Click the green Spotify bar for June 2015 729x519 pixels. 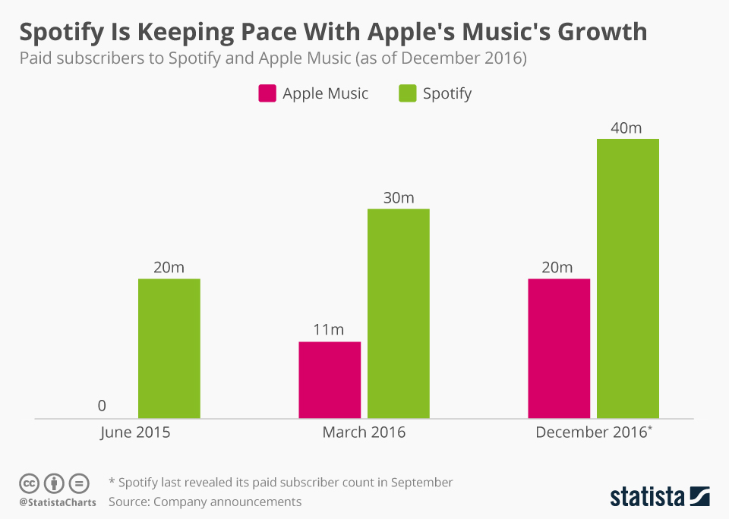pyautogui.click(x=169, y=348)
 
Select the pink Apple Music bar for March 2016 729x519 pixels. pyautogui.click(x=330, y=379)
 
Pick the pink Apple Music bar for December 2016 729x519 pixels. pyautogui.click(x=559, y=348)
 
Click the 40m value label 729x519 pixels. pyautogui.click(x=626, y=127)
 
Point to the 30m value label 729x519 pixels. pyautogui.click(x=398, y=197)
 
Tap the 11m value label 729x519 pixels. pyautogui.click(x=329, y=329)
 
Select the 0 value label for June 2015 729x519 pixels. pyautogui.click(x=102, y=406)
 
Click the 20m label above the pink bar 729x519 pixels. pyautogui.click(x=557, y=267)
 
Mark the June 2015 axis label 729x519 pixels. pyautogui.click(x=135, y=432)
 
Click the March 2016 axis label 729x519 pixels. pyautogui.click(x=364, y=432)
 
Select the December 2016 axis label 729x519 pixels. pyautogui.click(x=592, y=432)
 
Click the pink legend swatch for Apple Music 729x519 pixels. pyautogui.click(x=267, y=93)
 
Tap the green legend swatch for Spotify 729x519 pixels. pyautogui.click(x=407, y=93)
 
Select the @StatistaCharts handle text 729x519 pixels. pyautogui.click(x=58, y=502)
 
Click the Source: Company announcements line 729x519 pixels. pyautogui.click(x=205, y=502)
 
